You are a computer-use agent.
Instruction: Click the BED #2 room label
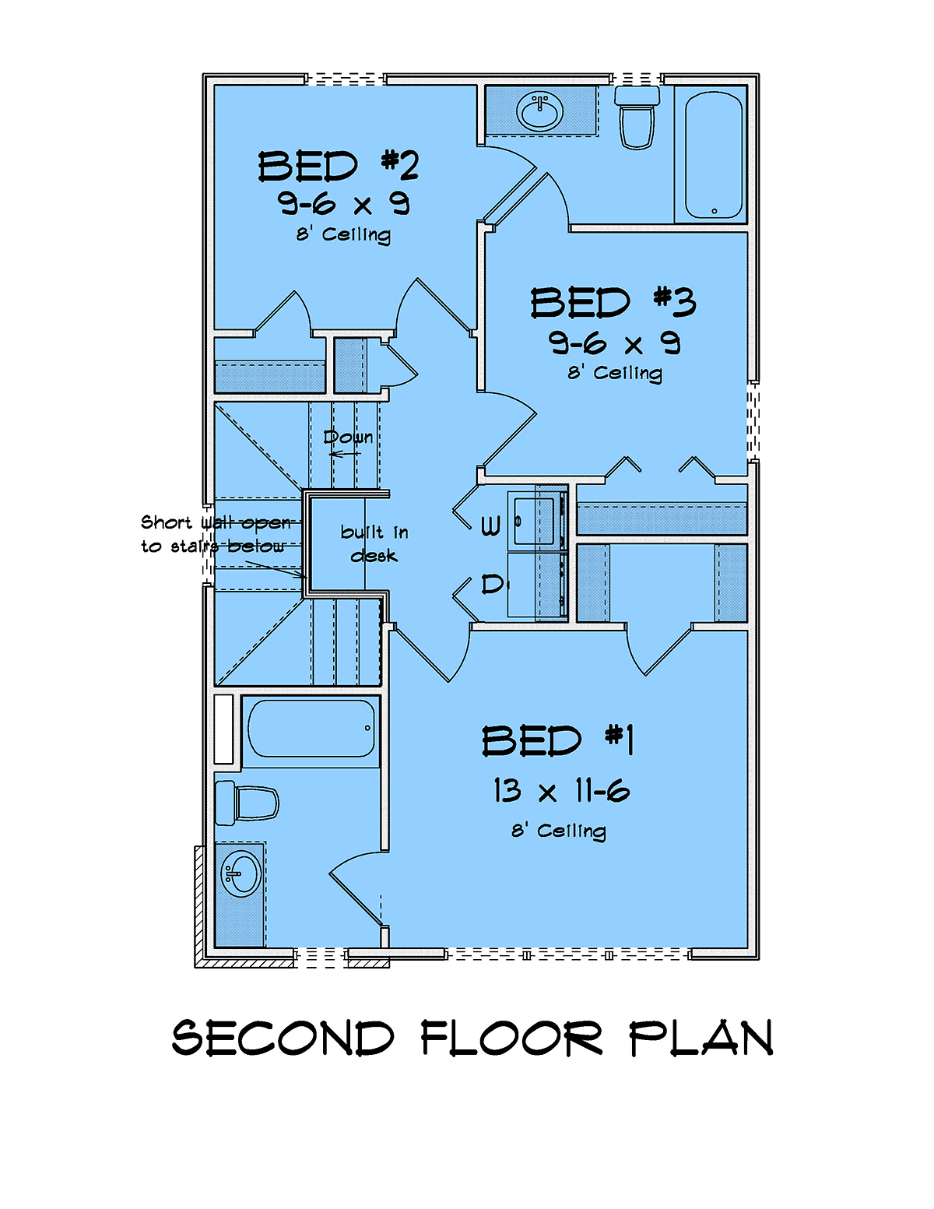[339, 166]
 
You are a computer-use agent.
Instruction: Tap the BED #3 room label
[613, 303]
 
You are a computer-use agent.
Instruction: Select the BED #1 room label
[558, 740]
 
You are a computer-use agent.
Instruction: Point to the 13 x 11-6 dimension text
[561, 791]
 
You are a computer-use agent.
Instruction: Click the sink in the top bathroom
[539, 111]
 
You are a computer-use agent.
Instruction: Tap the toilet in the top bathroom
[637, 118]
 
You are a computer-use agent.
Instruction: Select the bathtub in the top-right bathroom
[714, 155]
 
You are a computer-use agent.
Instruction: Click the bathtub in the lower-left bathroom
[311, 728]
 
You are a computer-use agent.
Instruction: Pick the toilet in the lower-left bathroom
[247, 803]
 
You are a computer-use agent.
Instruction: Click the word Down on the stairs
[348, 437]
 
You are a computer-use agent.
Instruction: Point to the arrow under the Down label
[345, 454]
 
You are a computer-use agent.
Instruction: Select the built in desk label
[374, 543]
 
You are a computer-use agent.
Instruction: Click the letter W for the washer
[490, 525]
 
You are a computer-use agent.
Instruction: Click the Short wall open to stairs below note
[216, 534]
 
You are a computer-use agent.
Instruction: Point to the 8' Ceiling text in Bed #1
[559, 831]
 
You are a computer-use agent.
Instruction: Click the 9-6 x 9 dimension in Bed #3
[614, 343]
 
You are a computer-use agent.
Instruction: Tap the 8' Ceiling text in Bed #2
[343, 234]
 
